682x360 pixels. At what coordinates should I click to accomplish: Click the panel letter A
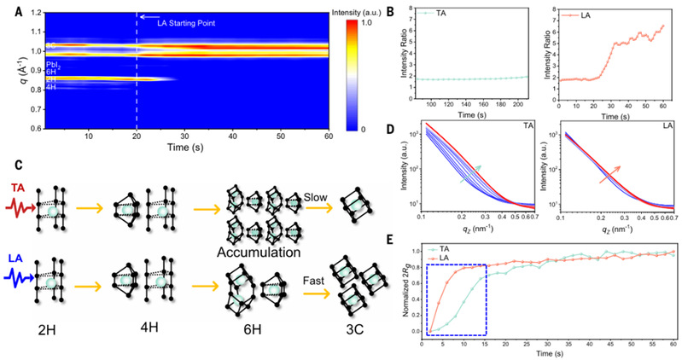click(8, 9)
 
